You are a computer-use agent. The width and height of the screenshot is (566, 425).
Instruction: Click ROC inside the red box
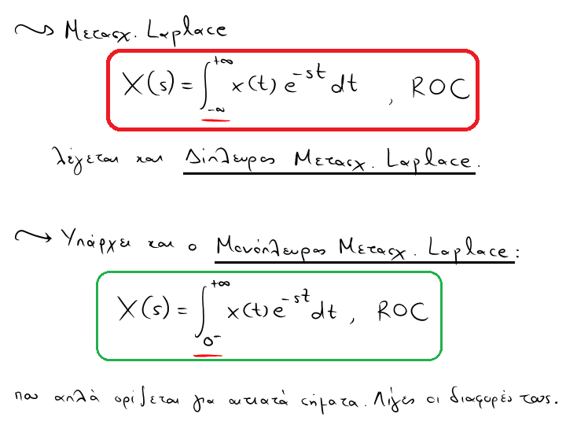click(x=440, y=88)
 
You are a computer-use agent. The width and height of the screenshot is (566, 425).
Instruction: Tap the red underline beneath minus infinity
click(x=215, y=120)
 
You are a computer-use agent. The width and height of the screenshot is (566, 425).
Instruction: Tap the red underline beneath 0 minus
click(x=208, y=354)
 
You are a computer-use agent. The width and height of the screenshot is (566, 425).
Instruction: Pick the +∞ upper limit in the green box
click(x=219, y=283)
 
